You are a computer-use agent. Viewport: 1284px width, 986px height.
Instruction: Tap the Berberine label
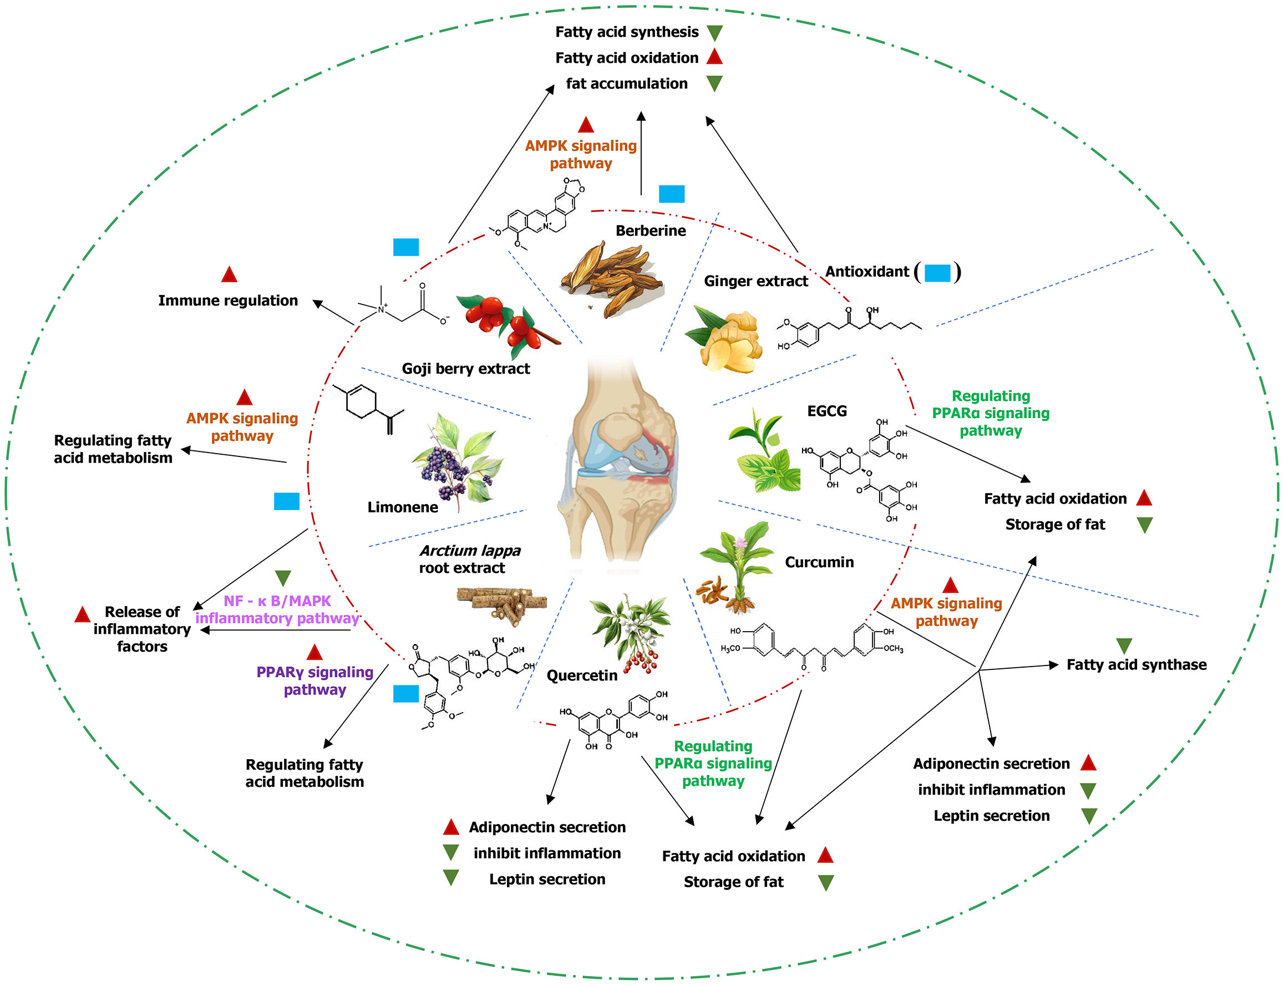pyautogui.click(x=650, y=231)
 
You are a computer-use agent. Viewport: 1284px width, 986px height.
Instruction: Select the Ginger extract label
pyautogui.click(x=755, y=281)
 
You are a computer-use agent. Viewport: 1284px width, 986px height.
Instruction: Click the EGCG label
pyautogui.click(x=826, y=411)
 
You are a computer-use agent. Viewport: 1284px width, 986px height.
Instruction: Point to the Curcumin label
pyautogui.click(x=819, y=562)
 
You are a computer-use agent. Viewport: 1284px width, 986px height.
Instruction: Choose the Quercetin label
pyautogui.click(x=582, y=675)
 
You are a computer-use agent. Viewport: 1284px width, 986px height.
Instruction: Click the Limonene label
pyautogui.click(x=403, y=507)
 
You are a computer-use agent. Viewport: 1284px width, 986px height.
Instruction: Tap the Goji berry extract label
pyautogui.click(x=465, y=369)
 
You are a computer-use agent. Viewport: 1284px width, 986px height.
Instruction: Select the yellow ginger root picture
pyautogui.click(x=728, y=340)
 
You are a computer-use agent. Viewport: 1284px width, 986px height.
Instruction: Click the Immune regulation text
pyautogui.click(x=228, y=301)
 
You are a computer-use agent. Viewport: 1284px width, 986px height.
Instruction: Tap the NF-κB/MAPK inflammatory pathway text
pyautogui.click(x=277, y=609)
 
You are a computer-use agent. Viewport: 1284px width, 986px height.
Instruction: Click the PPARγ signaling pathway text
pyautogui.click(x=314, y=680)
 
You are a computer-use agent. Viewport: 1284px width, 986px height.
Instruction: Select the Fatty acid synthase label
pyautogui.click(x=1136, y=664)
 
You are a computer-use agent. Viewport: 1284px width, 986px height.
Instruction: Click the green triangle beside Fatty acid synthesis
pyautogui.click(x=714, y=33)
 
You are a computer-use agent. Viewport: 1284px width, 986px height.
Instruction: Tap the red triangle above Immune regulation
pyautogui.click(x=229, y=274)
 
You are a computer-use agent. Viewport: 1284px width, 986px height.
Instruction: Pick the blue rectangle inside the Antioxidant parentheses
pyautogui.click(x=937, y=273)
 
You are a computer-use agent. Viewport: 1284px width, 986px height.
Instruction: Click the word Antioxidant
pyautogui.click(x=866, y=272)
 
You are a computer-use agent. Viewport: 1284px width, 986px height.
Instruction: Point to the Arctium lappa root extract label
pyautogui.click(x=469, y=559)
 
